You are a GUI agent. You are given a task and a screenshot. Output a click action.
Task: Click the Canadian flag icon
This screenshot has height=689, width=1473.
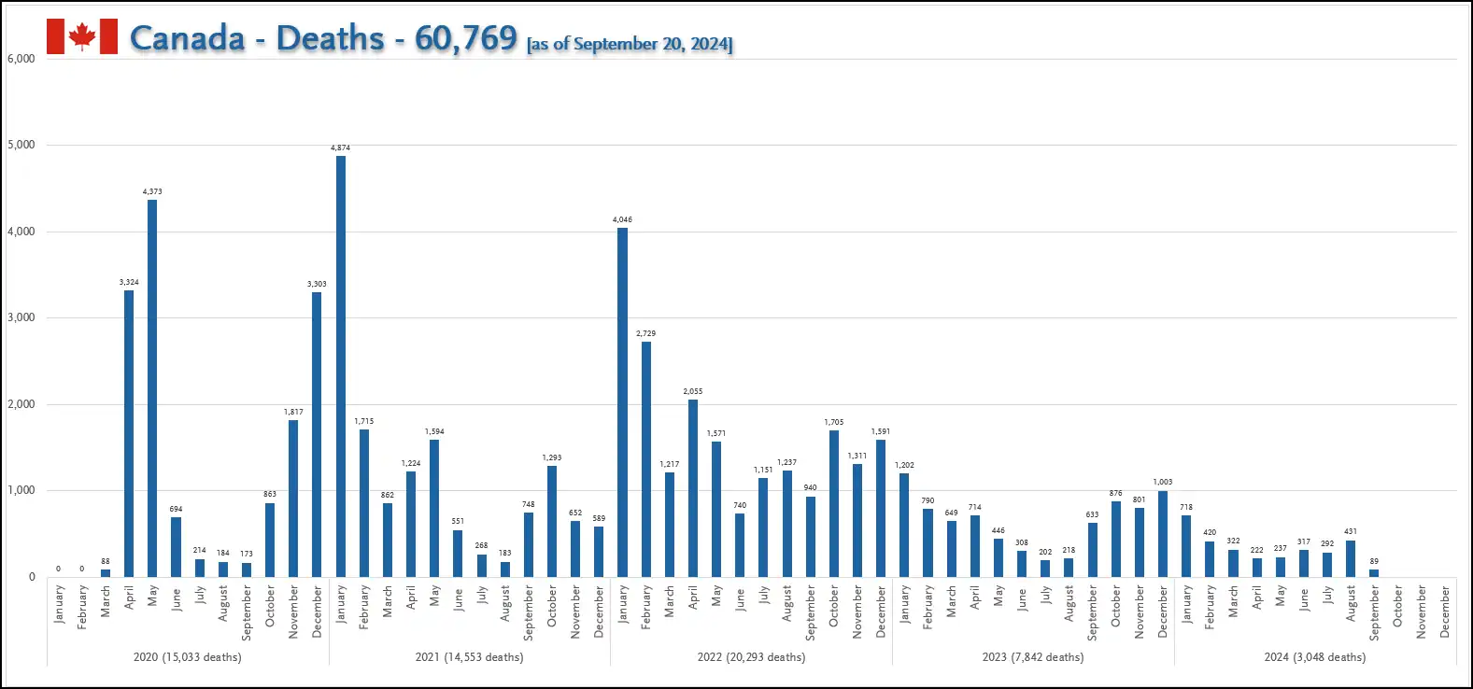coord(82,36)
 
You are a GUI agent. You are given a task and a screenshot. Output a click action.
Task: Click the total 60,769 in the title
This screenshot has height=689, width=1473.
coord(465,37)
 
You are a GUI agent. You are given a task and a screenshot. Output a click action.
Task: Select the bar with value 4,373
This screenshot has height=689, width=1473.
coord(152,387)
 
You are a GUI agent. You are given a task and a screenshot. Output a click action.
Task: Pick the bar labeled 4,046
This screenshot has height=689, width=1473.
coord(623,401)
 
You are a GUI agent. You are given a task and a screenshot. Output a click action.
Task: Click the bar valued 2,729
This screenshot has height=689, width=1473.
coord(646,458)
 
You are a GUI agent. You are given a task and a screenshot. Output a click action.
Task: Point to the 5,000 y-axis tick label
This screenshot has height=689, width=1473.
coord(21,145)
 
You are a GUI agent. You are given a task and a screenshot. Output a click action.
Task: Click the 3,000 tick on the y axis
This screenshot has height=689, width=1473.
coord(21,317)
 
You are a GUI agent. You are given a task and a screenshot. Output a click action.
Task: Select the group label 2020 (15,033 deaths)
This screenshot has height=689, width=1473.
coord(187,657)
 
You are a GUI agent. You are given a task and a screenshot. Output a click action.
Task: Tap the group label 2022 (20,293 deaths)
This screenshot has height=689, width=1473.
coord(751,657)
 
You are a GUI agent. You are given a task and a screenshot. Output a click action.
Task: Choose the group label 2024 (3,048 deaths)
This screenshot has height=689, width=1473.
coord(1315,657)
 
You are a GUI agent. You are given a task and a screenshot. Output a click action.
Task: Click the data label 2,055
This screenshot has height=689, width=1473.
coord(693,392)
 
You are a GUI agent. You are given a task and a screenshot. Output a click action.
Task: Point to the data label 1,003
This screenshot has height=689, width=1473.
coord(1163,483)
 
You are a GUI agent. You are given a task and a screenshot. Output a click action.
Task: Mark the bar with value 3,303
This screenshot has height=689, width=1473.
coord(317,434)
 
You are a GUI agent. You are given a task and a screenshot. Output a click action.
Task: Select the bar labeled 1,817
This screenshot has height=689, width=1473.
coord(293,498)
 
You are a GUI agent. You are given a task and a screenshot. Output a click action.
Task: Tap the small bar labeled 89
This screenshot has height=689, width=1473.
coord(1374,572)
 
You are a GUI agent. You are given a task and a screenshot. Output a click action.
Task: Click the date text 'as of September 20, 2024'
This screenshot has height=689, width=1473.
coord(630,44)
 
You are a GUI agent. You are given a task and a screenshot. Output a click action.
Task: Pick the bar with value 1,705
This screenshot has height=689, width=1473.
coord(834,503)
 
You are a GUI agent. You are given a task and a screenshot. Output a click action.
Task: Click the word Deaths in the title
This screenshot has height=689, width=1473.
coord(330,37)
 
